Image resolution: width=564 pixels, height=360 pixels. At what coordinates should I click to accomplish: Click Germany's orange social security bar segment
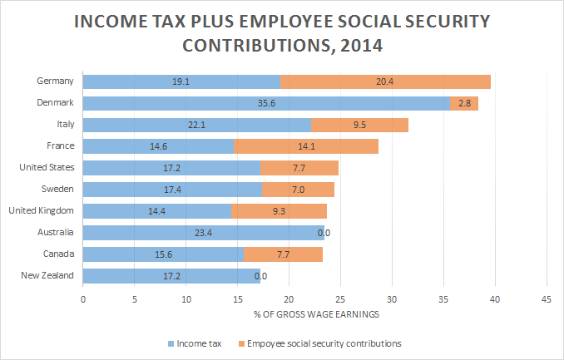[x=386, y=81]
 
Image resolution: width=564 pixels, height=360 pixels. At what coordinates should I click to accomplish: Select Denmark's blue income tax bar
[x=266, y=103]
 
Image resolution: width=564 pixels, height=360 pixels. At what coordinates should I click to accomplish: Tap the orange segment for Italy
[x=359, y=125]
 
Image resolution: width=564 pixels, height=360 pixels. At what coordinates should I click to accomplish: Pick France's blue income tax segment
[x=159, y=146]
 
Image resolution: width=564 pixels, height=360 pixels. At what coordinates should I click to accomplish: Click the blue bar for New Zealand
[x=172, y=275]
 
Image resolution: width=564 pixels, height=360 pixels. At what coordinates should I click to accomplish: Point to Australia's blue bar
[x=203, y=233]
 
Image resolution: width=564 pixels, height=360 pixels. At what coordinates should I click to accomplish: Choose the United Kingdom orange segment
[x=279, y=211]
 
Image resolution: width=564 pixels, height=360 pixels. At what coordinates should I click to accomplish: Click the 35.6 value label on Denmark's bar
[x=267, y=103]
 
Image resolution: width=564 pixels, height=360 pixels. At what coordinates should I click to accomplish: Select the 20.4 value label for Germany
[x=387, y=81]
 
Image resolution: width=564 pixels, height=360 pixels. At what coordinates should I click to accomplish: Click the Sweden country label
[x=57, y=189]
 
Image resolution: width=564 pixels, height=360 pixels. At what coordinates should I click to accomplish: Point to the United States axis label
[x=47, y=167]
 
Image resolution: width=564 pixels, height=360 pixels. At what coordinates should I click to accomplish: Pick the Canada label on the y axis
[x=57, y=254]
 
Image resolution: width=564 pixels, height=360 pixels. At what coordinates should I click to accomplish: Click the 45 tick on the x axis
[x=547, y=298]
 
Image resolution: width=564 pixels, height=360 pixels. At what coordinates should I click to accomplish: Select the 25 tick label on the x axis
[x=340, y=298]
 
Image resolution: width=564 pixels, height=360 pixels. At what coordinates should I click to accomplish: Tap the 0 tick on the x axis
[x=83, y=298]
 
